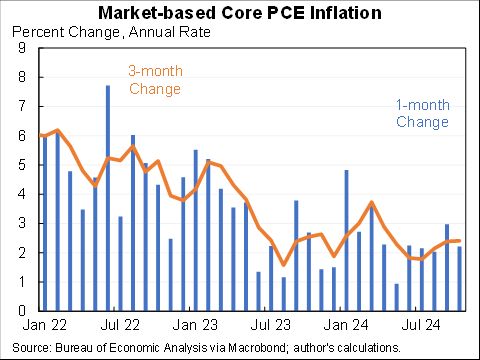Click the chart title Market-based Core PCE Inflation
pos(240,13)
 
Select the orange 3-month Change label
pos(155,80)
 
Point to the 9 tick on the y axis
pos(20,47)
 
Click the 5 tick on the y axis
pos(20,164)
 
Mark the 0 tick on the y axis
pos(20,311)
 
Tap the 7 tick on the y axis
pos(20,106)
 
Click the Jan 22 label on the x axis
pos(45,325)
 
